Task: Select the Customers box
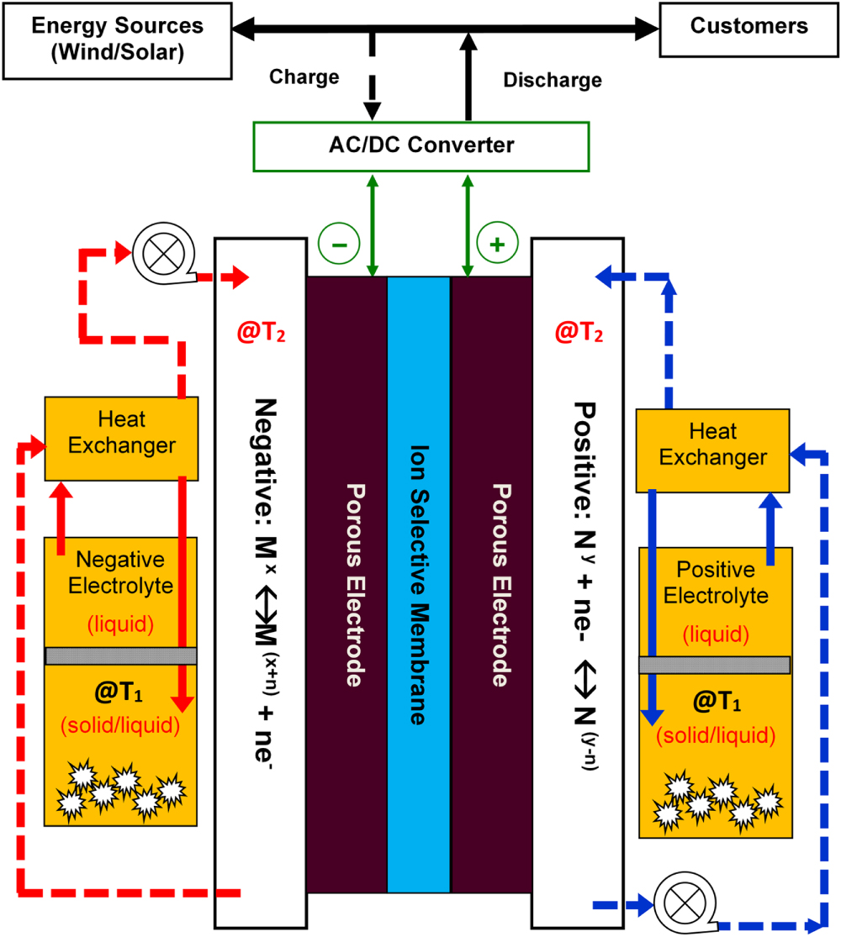click(x=748, y=27)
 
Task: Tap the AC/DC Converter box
click(x=420, y=145)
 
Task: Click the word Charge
click(x=304, y=78)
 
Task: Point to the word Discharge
click(x=552, y=81)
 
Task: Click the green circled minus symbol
click(x=338, y=245)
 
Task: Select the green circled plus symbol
click(x=497, y=245)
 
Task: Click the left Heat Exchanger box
click(x=121, y=433)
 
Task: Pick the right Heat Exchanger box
click(x=712, y=445)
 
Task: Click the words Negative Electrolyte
click(x=120, y=571)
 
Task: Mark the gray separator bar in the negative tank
click(x=120, y=655)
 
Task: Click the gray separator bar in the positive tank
click(x=714, y=664)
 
